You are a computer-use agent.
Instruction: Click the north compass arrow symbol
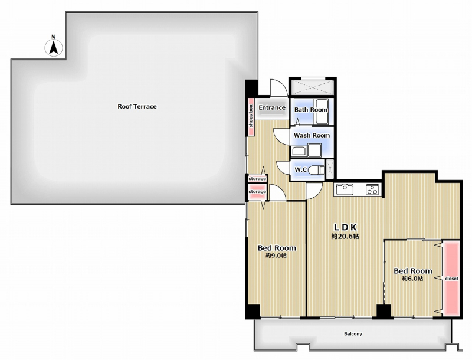54,48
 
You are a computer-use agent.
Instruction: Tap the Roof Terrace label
137,107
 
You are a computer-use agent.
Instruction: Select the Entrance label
272,107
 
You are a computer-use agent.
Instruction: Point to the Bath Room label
311,110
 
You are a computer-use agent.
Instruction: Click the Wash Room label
312,136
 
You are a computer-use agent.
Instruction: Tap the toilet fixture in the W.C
317,170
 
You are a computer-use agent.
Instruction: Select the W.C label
300,170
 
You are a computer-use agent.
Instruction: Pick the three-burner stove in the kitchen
373,189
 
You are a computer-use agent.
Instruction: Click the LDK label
346,227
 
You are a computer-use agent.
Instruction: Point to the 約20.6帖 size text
345,237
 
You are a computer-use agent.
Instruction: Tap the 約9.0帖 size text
276,256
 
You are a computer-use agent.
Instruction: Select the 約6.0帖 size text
412,279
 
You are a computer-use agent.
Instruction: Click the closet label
451,279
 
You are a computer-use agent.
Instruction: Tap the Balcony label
353,334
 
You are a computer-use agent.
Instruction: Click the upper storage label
257,179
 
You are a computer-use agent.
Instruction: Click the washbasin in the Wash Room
299,151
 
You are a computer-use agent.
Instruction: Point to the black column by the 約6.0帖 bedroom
384,311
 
